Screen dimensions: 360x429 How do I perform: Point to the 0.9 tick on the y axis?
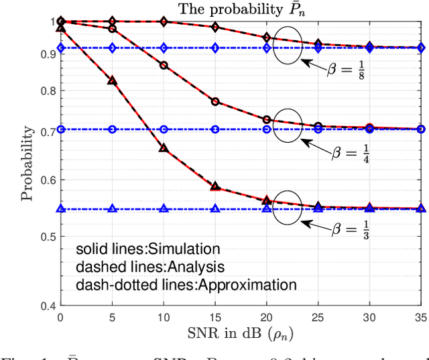[x=50, y=54]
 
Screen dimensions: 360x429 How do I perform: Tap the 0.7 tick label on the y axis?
[x=50, y=131]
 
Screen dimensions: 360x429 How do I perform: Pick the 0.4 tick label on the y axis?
[x=50, y=306]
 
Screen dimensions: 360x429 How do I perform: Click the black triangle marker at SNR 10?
[x=164, y=147]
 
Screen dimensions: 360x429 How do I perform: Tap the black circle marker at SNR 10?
[x=164, y=65]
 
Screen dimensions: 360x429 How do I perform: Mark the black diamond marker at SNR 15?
[x=215, y=27]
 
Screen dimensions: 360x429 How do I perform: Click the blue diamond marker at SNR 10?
[x=164, y=48]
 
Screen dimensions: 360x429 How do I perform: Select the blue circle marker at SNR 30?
[x=370, y=129]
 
